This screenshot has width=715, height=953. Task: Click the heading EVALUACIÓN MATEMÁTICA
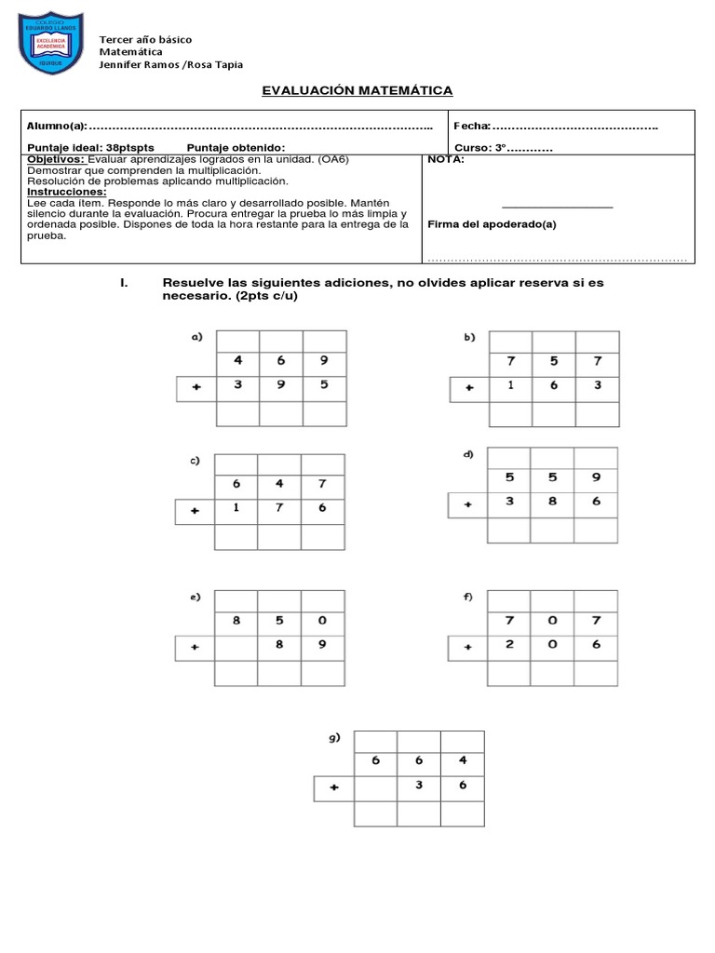(357, 90)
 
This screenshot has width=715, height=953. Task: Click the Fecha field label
(472, 126)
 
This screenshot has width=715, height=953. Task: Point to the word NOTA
(446, 159)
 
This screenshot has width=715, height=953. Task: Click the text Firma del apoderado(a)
(492, 224)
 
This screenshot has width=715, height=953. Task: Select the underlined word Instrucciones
(67, 192)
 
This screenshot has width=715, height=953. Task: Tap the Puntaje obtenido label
(236, 148)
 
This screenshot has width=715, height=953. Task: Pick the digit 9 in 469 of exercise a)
(324, 360)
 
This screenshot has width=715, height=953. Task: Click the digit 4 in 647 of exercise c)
(279, 483)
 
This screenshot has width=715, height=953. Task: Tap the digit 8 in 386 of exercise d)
(552, 502)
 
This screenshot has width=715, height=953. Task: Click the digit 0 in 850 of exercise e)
(323, 618)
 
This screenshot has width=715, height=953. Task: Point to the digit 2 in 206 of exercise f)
(510, 644)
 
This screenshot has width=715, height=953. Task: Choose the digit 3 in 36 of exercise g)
(419, 785)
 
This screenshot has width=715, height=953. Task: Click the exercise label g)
(334, 737)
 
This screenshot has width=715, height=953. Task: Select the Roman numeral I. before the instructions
(125, 283)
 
